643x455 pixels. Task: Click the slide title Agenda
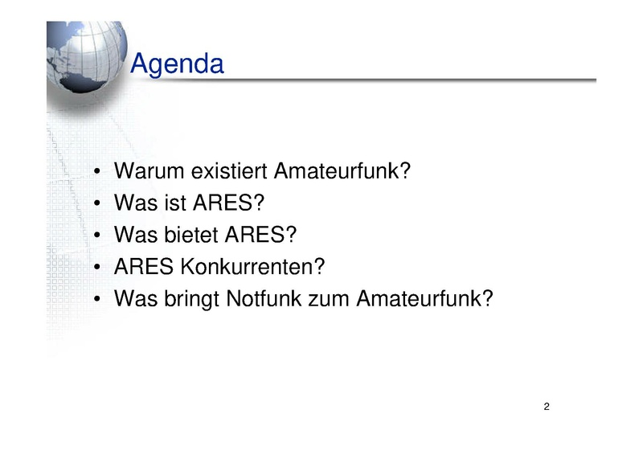coord(177,64)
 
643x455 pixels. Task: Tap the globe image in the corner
coord(87,56)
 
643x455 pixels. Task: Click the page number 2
coord(547,407)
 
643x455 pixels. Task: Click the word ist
coord(174,203)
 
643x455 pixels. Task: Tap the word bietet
coord(190,235)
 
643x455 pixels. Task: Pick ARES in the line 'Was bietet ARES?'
coord(255,235)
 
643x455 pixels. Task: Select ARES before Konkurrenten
coord(144,267)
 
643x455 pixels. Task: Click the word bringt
coord(191,300)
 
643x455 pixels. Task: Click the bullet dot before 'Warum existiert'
coord(96,171)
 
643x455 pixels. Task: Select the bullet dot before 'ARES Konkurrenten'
coord(96,267)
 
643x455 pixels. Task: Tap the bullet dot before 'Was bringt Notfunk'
coord(96,299)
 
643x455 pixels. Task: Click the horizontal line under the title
coord(363,80)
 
